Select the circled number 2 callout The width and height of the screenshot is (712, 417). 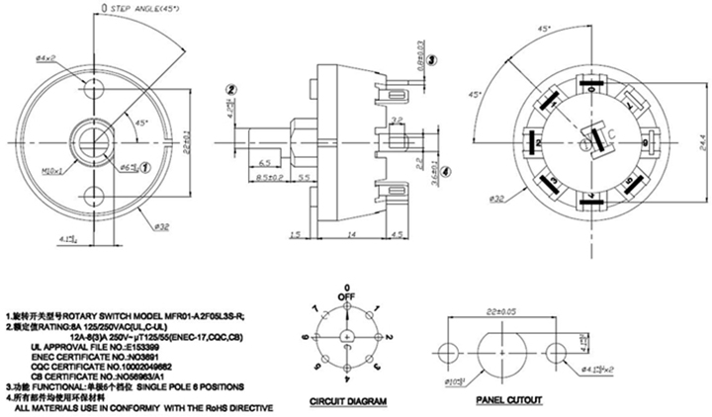(x=230, y=90)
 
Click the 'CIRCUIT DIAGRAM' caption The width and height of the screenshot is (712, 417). (x=348, y=402)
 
